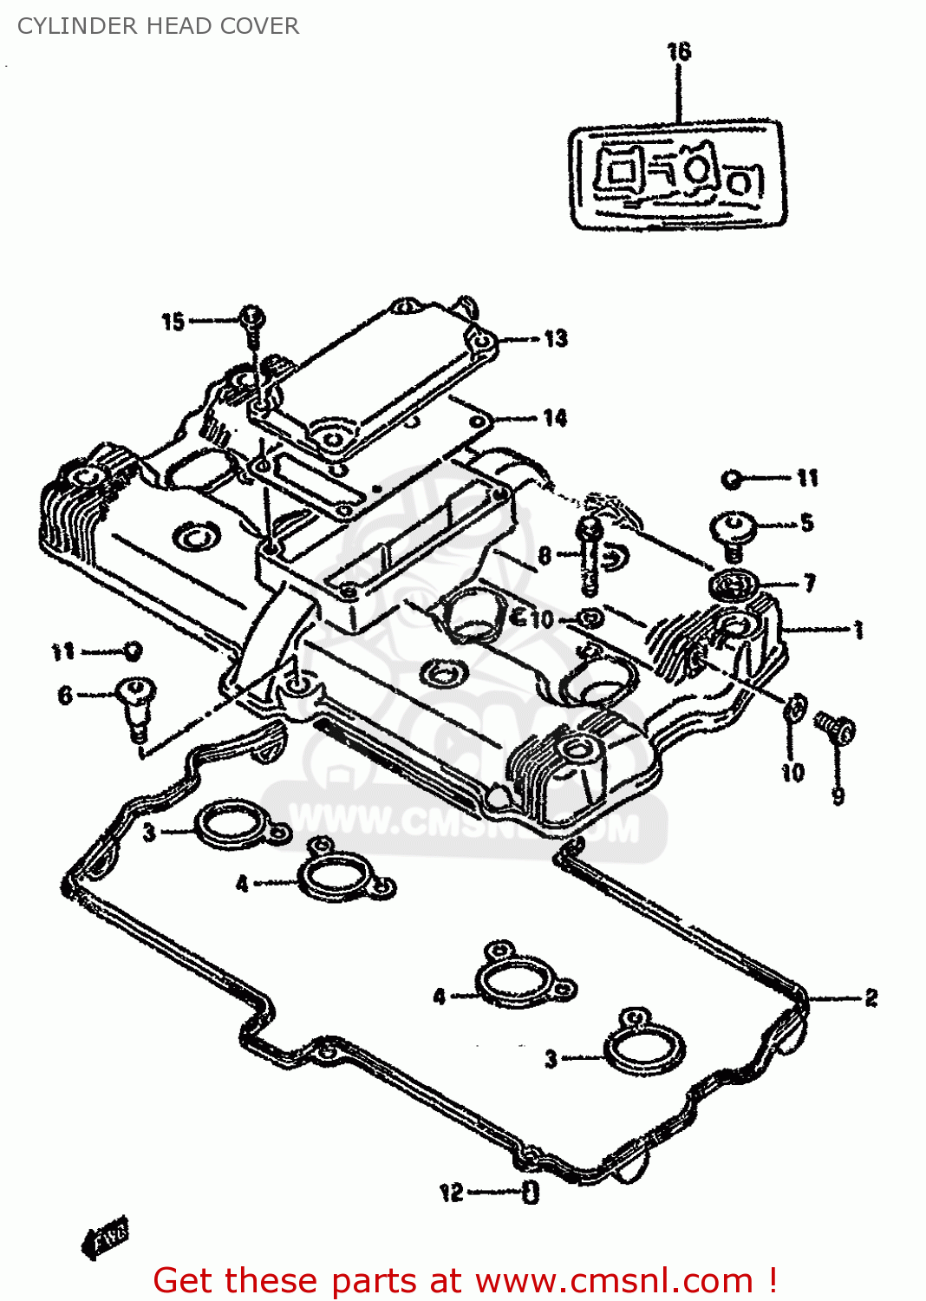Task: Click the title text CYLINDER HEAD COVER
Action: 158,26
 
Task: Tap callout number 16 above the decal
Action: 679,52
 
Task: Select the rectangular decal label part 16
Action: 677,175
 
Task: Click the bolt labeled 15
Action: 251,322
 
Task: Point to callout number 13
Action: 556,338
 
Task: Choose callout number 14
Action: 555,418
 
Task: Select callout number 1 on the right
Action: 858,630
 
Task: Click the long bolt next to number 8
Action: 590,555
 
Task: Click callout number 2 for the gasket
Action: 871,998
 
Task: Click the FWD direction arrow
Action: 106,1236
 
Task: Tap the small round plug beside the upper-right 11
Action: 733,478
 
